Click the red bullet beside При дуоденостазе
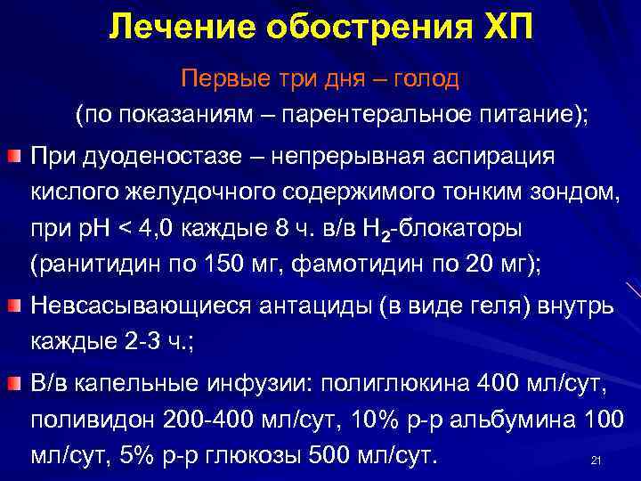click(14, 157)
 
